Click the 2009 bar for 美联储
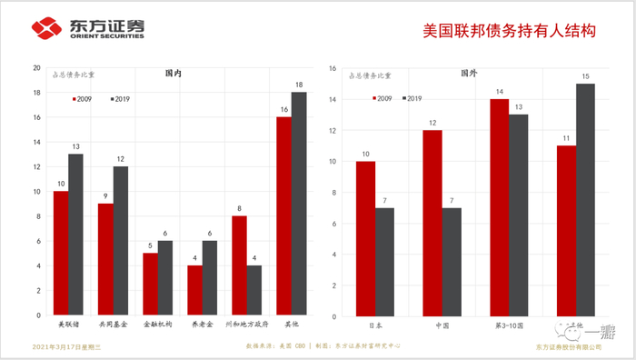61,254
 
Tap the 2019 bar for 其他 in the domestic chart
299,204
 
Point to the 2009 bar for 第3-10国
499,208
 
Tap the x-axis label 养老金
202,324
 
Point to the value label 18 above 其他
299,85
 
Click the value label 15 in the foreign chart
586,75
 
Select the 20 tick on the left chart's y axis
36,68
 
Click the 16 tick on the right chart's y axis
333,68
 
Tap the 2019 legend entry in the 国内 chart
120,98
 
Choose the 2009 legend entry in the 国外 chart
382,97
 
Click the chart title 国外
469,72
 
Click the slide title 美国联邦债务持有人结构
509,29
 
